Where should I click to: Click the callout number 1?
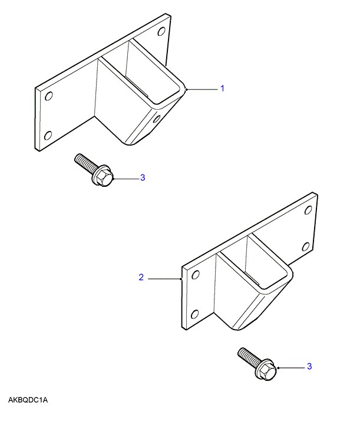click(x=222, y=88)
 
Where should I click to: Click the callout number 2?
click(x=141, y=277)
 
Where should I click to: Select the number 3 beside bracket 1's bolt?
click(x=143, y=177)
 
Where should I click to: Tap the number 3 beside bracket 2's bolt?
click(x=309, y=366)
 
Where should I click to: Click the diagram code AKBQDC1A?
click(x=28, y=400)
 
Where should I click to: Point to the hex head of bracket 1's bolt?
click(x=103, y=177)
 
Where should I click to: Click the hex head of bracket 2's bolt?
click(x=266, y=370)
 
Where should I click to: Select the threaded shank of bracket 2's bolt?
click(x=248, y=355)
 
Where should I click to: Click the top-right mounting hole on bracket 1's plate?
click(x=161, y=32)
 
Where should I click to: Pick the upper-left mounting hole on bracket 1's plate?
click(x=48, y=96)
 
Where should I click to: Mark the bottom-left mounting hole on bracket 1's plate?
click(x=48, y=136)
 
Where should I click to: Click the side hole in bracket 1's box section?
click(x=156, y=119)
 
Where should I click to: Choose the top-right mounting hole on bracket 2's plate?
click(x=308, y=210)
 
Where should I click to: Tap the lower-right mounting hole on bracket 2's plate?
click(x=306, y=246)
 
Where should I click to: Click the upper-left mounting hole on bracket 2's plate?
click(x=196, y=274)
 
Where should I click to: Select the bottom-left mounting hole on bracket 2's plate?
click(x=195, y=314)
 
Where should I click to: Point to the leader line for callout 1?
click(x=202, y=89)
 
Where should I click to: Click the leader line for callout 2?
click(x=165, y=279)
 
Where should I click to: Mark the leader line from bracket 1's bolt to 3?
click(x=127, y=179)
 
